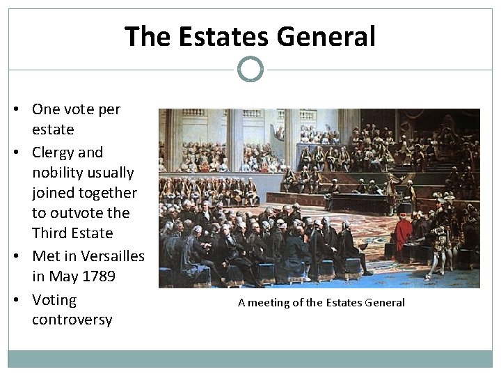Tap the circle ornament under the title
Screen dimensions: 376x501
250,70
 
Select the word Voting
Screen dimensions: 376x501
54,300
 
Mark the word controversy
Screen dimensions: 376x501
72,320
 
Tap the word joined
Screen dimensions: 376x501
55,192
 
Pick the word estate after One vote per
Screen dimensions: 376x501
53,130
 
